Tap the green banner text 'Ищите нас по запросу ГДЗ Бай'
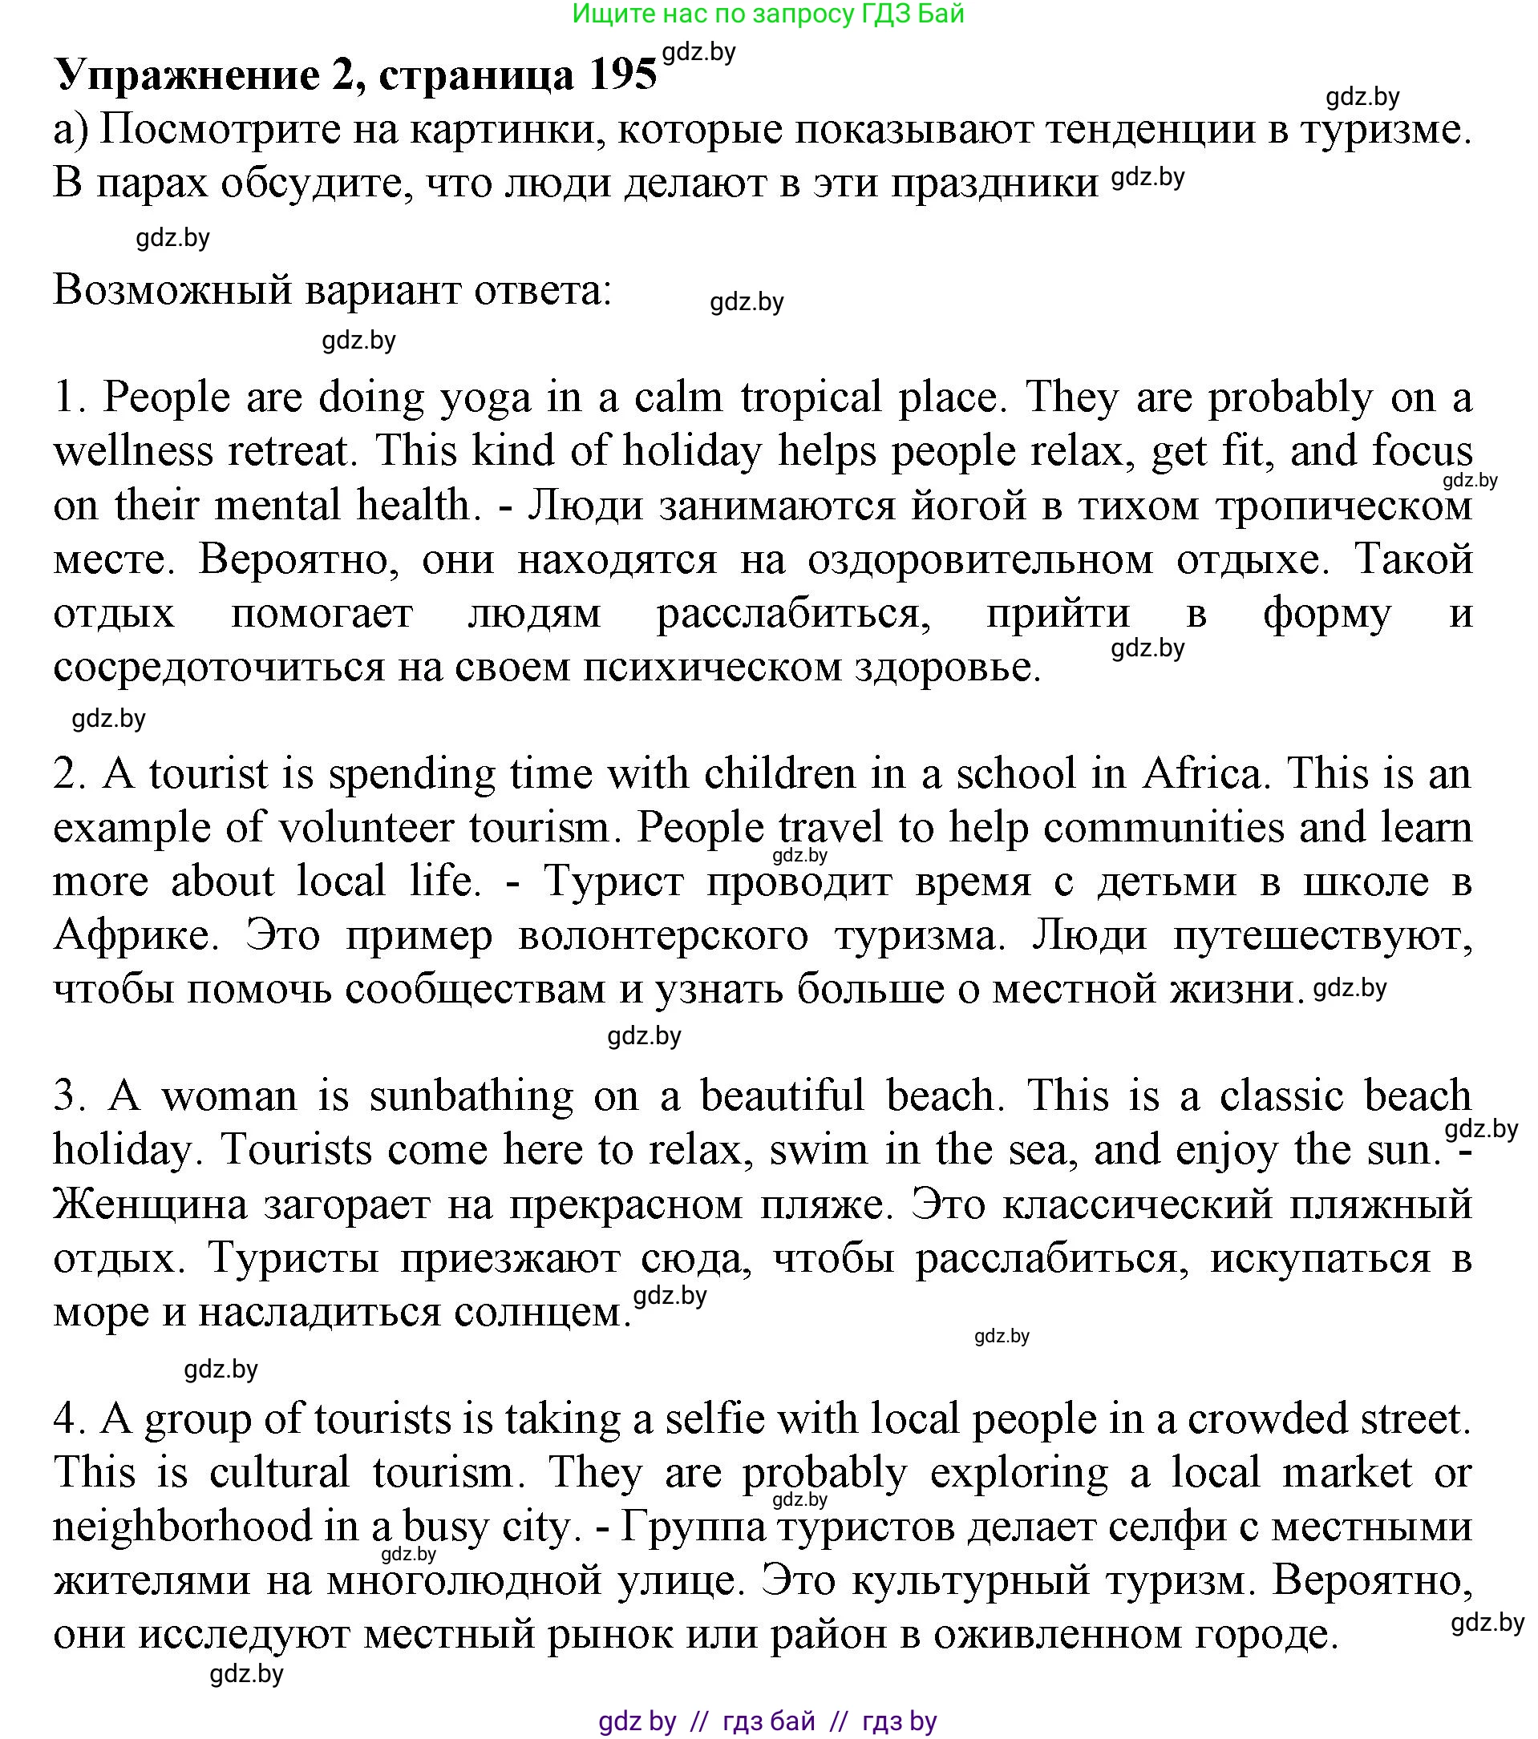[x=767, y=14]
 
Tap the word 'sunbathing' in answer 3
[x=472, y=1096]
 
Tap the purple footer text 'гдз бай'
[x=767, y=1721]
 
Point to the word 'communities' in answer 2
[x=1164, y=828]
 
